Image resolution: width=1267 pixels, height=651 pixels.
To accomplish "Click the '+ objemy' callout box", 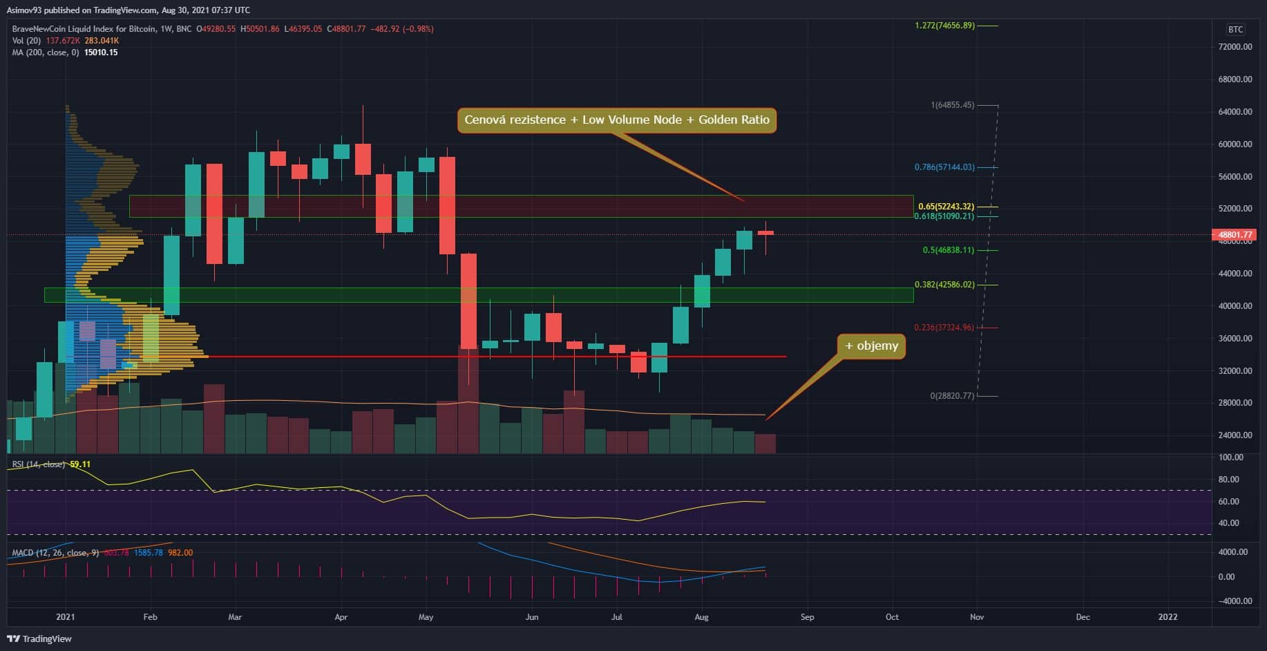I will pos(872,346).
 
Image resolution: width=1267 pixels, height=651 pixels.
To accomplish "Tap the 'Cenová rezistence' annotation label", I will pos(616,120).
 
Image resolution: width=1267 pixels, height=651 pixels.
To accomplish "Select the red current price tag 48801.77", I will pos(1235,234).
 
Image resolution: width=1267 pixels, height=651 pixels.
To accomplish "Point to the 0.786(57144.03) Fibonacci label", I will pos(944,167).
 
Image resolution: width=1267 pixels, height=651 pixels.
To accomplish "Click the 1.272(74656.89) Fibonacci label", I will pos(944,26).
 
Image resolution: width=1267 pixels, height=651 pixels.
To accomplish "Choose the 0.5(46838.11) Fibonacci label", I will pos(949,250).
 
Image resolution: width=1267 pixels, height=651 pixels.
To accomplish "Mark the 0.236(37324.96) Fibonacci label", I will pos(944,328).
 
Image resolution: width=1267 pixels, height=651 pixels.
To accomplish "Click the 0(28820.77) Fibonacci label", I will pos(952,396).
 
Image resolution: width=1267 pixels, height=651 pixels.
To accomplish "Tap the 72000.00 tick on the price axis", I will pos(1235,47).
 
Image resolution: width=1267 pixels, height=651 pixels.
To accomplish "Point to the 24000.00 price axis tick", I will pos(1235,435).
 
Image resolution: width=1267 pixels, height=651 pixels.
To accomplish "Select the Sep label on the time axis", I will pos(807,617).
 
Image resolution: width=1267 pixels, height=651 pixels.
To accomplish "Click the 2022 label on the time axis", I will pos(1168,617).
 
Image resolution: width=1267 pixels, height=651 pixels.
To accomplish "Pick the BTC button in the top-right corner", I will pos(1235,29).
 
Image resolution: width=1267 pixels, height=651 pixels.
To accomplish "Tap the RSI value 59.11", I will pos(81,464).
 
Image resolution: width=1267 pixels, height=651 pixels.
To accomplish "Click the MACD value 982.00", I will pos(180,553).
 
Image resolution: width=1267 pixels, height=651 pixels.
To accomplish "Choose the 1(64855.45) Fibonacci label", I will pos(952,105).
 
